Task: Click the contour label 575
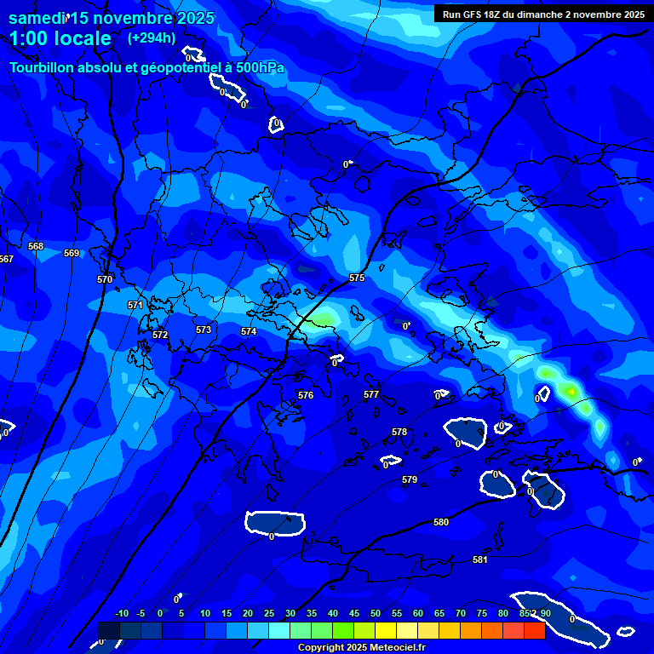(357, 278)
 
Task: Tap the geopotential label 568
(36, 247)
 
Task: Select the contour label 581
(480, 559)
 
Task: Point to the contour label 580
(441, 522)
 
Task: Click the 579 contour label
(410, 480)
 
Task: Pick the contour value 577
(371, 394)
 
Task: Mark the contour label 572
(160, 335)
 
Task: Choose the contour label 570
(105, 279)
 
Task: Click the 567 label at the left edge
(6, 259)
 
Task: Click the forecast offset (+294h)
(151, 37)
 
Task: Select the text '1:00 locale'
(60, 38)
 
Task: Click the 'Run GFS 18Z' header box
(542, 14)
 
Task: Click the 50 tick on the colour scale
(376, 613)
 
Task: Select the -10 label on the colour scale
(121, 613)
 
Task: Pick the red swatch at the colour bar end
(534, 630)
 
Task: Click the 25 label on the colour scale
(269, 613)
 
